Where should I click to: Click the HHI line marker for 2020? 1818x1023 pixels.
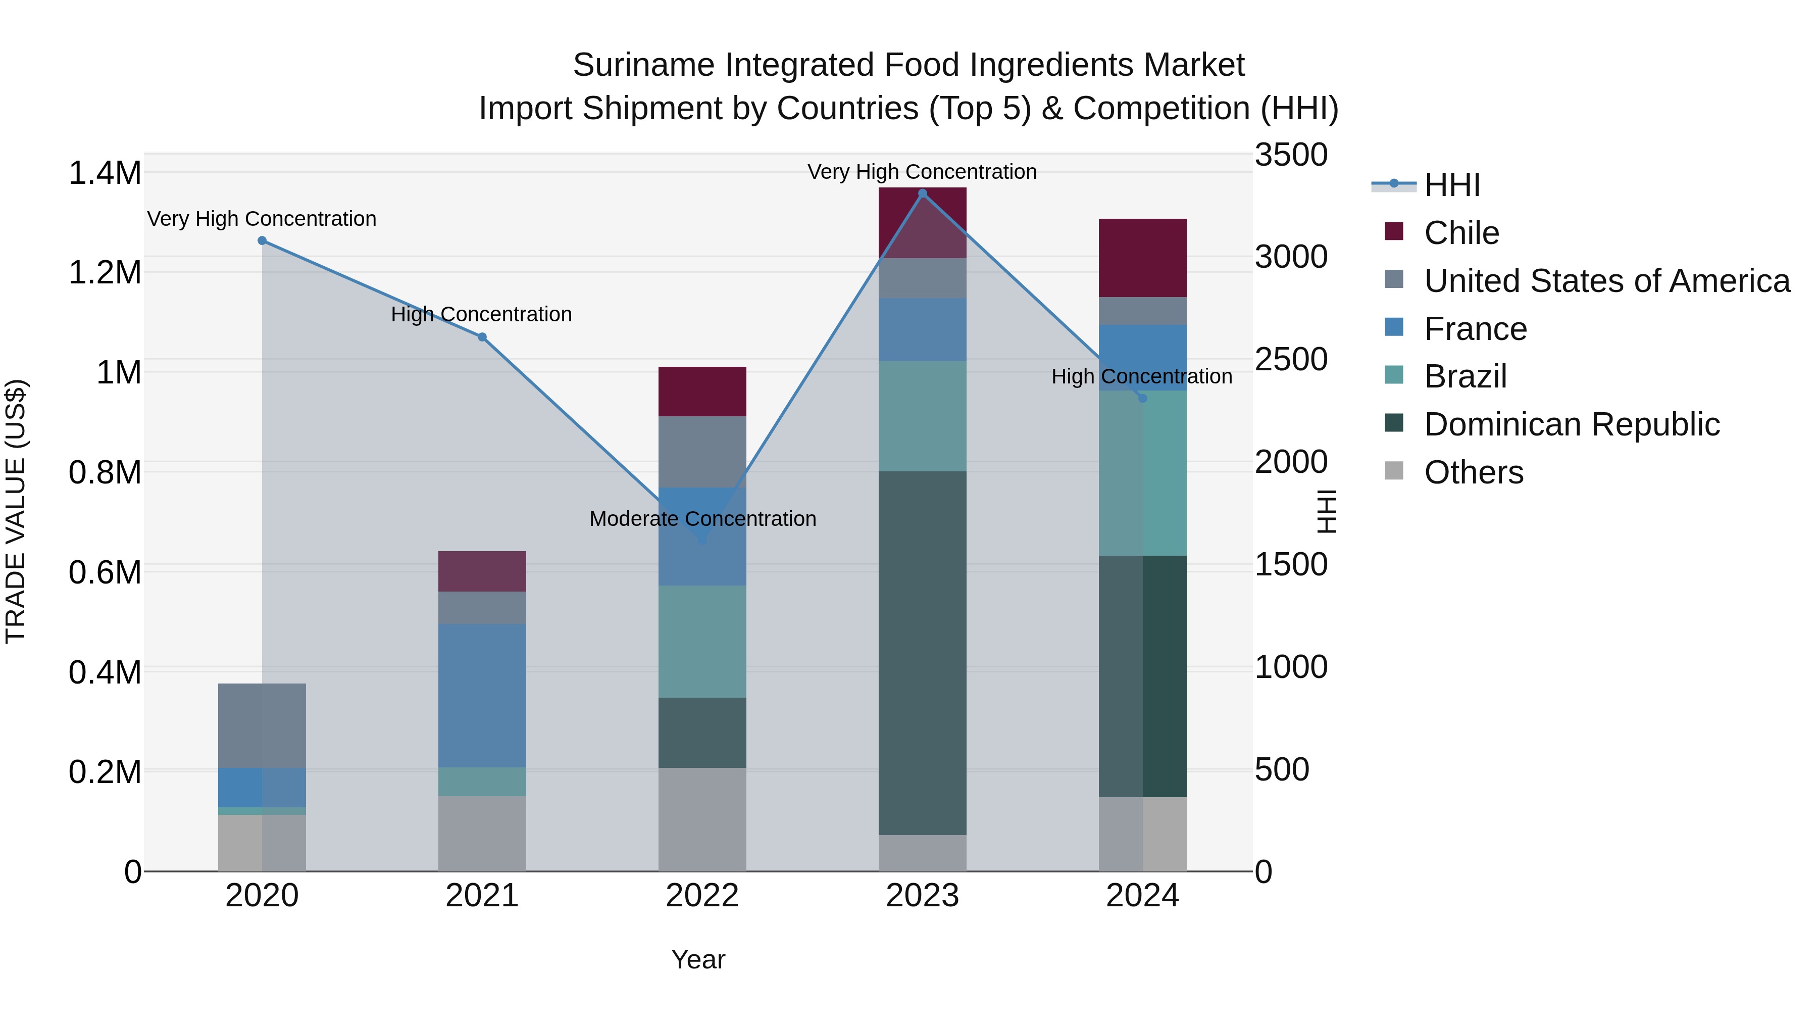(262, 241)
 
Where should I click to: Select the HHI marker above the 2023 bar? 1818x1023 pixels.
(923, 193)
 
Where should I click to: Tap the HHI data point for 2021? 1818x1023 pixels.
(482, 337)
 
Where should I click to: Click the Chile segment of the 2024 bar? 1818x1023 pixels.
(1143, 258)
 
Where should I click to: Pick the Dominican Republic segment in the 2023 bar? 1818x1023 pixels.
(923, 653)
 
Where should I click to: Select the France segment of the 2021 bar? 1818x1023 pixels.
(482, 696)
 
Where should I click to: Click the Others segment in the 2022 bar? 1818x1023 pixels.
(702, 819)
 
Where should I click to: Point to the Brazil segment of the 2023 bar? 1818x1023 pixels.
(923, 417)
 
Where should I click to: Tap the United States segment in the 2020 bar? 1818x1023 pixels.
(262, 726)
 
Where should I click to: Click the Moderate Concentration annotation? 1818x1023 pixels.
(702, 519)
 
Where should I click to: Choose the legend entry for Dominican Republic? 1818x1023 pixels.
(1572, 425)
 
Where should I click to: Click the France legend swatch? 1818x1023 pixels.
(1394, 327)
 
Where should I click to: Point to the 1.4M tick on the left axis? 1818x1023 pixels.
(105, 173)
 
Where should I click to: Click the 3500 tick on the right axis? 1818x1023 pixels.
(1291, 155)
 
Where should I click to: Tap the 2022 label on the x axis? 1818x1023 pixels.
(702, 896)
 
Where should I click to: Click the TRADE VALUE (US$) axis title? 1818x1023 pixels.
(16, 511)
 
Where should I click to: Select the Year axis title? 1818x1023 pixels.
(698, 959)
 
